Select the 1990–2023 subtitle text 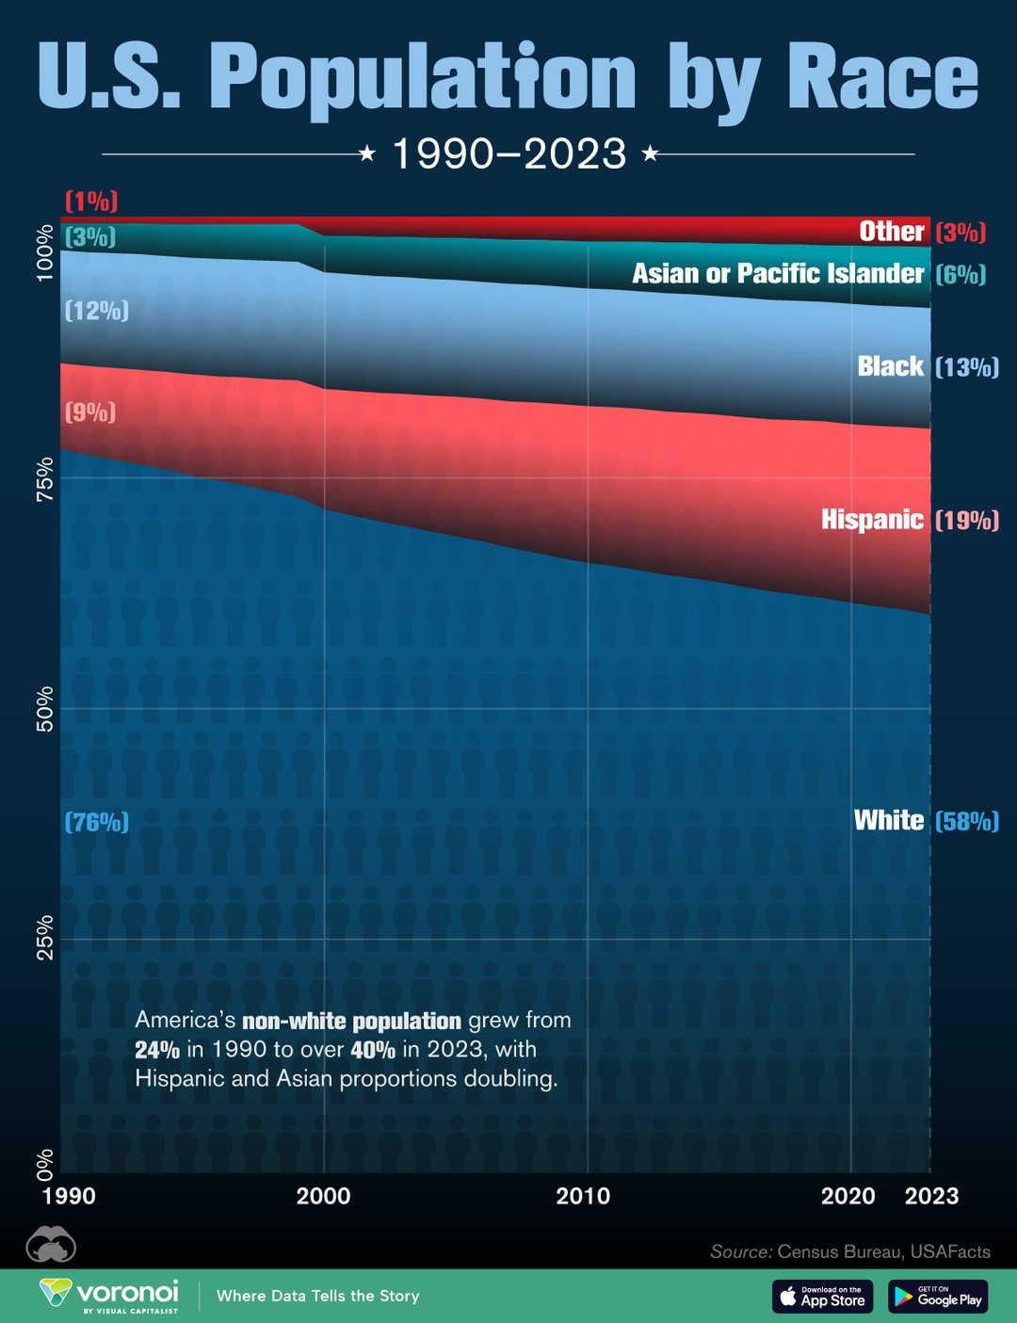pyautogui.click(x=508, y=153)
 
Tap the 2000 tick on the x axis pyautogui.click(x=323, y=1197)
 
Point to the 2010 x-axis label pyautogui.click(x=583, y=1197)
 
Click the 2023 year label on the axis pyautogui.click(x=931, y=1197)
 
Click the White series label pyautogui.click(x=888, y=820)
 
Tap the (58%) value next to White pyautogui.click(x=967, y=821)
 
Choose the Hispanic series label pyautogui.click(x=872, y=519)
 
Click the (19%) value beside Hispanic pyautogui.click(x=967, y=520)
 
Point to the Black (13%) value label pyautogui.click(x=967, y=367)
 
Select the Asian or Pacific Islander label pyautogui.click(x=778, y=273)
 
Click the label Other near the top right pyautogui.click(x=891, y=232)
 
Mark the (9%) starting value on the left pyautogui.click(x=90, y=411)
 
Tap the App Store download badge pyautogui.click(x=822, y=1297)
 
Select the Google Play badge pyautogui.click(x=938, y=1297)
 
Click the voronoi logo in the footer pyautogui.click(x=108, y=1295)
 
